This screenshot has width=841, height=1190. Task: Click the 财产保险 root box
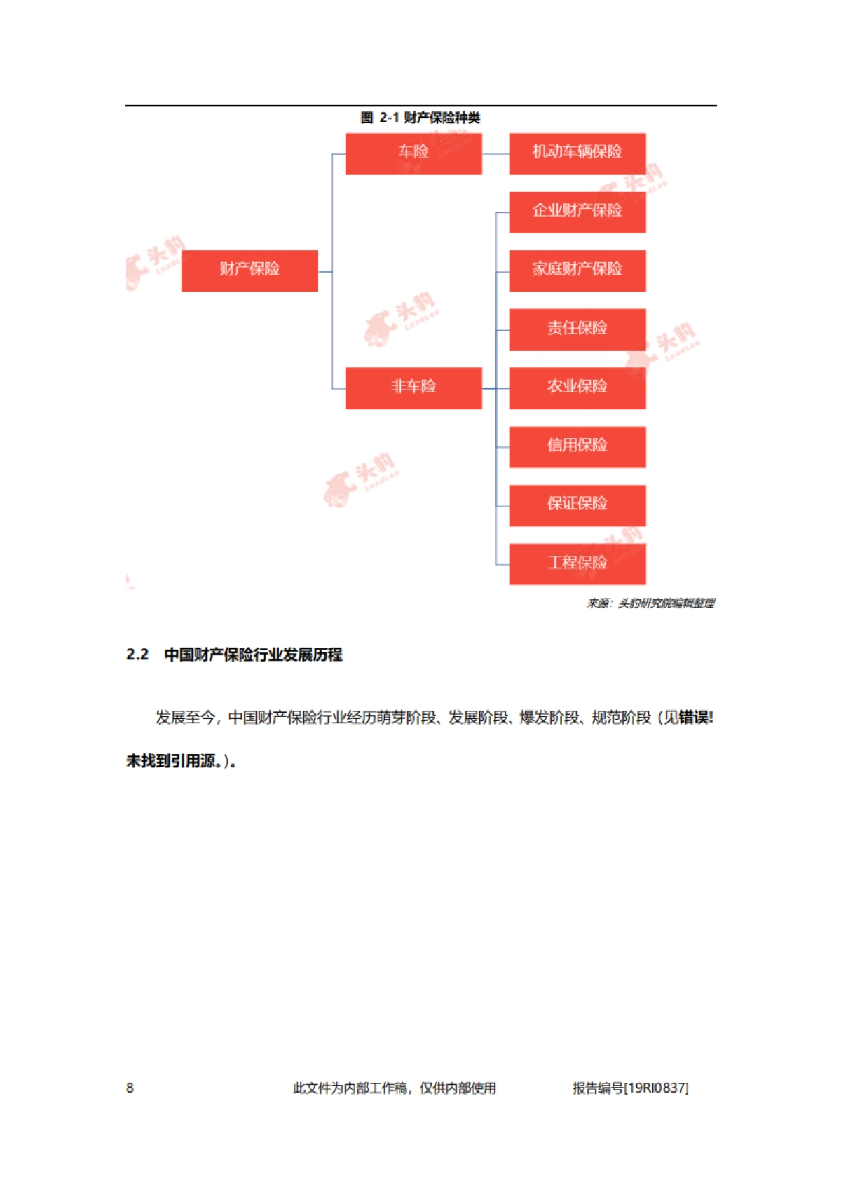coord(249,271)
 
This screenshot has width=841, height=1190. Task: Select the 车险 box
coord(413,153)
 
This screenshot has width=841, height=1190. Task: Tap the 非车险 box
coord(413,388)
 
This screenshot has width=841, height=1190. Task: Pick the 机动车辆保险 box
coord(577,153)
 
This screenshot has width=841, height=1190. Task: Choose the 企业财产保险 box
coord(577,212)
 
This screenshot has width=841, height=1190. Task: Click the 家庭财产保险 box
coord(577,271)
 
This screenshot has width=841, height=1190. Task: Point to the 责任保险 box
coord(577,329)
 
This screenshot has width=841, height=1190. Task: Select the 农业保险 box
coord(577,388)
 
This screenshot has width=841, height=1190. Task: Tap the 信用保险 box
coord(577,446)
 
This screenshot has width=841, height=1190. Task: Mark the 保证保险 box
coord(577,505)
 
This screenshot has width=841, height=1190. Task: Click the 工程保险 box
coord(577,563)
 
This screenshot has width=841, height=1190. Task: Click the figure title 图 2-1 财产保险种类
coord(420,118)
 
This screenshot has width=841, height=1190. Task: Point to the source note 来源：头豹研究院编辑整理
coord(650,603)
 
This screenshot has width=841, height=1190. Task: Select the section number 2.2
coord(137,655)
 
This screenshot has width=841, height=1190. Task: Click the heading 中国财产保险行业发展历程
coord(253,655)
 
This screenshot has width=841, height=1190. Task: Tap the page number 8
coord(130,1088)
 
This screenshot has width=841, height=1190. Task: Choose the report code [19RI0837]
coord(656,1088)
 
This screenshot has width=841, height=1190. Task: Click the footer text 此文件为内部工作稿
coord(350,1088)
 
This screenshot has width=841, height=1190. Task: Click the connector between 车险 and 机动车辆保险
coord(495,153)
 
